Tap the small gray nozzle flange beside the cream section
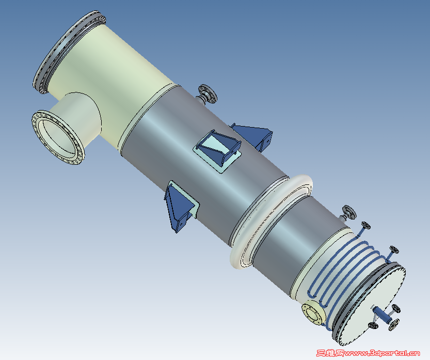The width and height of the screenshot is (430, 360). click(208, 94)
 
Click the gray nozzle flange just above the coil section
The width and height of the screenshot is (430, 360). click(349, 212)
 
